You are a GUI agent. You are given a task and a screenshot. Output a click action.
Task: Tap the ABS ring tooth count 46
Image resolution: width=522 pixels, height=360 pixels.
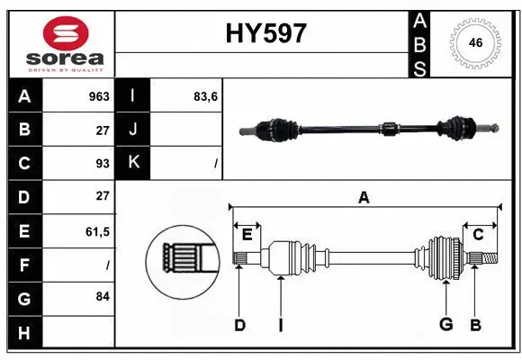[x=474, y=42]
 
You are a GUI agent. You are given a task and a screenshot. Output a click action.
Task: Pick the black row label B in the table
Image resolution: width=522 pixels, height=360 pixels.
[x=24, y=130]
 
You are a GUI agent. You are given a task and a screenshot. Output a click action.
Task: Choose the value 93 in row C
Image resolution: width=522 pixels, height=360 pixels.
[x=102, y=164]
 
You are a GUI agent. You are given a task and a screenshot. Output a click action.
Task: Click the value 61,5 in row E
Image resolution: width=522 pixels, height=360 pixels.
[x=97, y=231]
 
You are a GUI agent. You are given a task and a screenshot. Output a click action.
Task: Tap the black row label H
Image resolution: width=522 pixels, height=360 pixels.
[x=24, y=333]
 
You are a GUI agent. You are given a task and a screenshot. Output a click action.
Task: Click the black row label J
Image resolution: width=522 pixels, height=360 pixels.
[x=133, y=130]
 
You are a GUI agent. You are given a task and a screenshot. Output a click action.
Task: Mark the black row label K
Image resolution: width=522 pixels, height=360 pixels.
[x=133, y=164]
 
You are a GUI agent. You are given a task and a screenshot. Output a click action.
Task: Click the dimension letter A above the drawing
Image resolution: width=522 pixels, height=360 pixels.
[x=364, y=197]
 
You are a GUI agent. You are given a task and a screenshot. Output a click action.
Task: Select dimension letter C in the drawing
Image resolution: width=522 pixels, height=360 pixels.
[x=478, y=235]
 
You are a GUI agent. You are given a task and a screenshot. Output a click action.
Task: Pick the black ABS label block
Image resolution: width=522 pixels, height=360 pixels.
[x=418, y=42]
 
